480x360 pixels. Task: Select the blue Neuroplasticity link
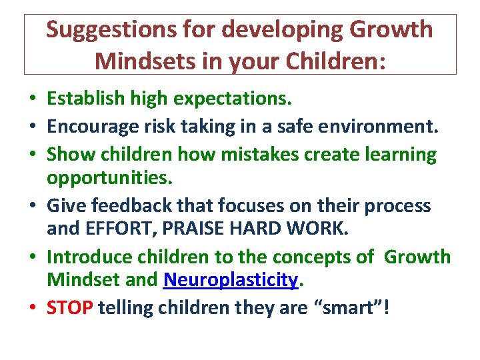coord(230,280)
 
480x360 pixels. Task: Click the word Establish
coord(85,99)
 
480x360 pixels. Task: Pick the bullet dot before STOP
coord(32,309)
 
